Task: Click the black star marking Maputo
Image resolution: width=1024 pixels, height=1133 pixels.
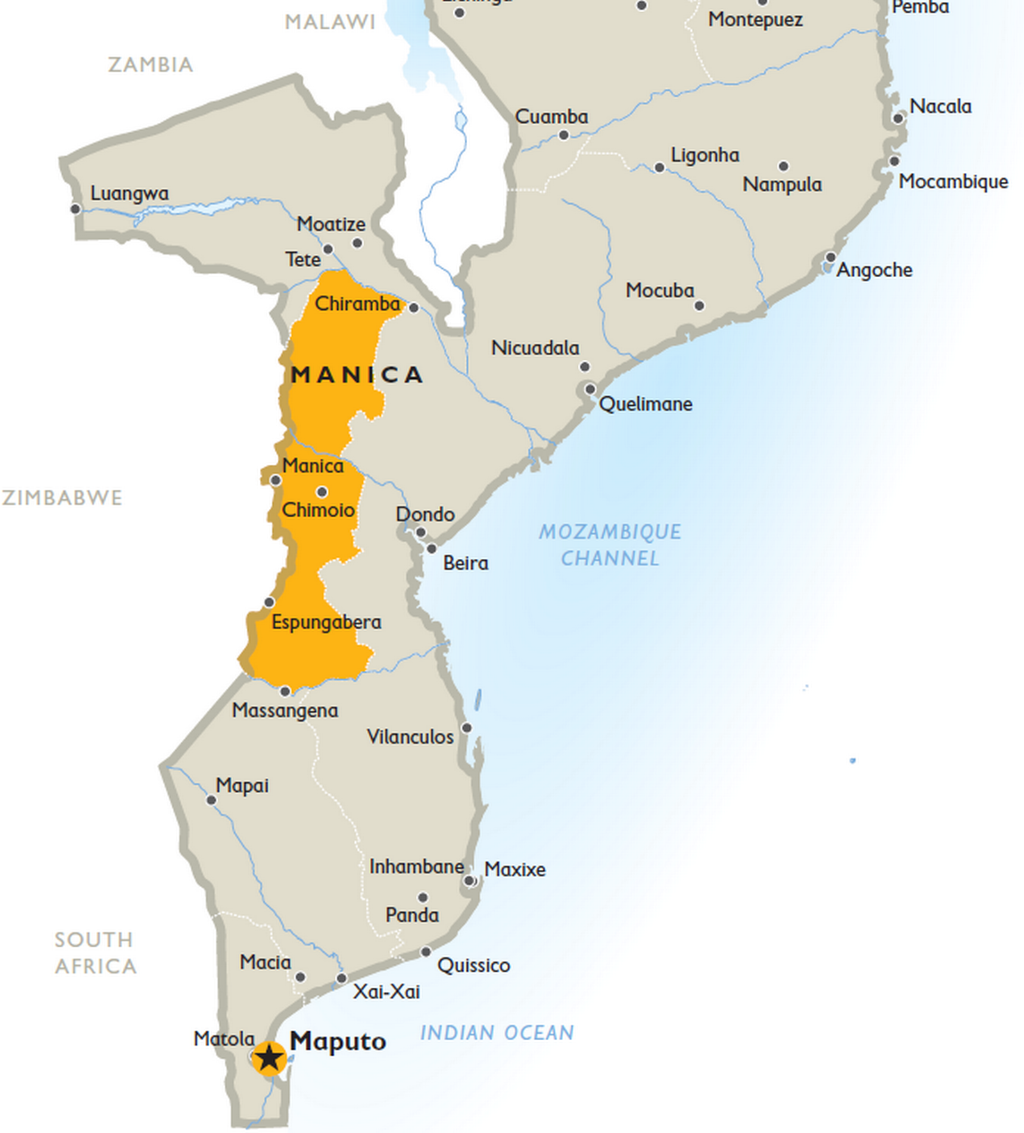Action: pos(269,1057)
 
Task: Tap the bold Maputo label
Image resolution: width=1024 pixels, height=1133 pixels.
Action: pos(338,1041)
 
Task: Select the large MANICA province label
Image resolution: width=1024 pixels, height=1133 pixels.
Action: pos(356,374)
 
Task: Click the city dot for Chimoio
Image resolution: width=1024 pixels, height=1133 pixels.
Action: pos(322,492)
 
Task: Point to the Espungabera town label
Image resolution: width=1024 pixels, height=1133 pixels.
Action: pos(326,622)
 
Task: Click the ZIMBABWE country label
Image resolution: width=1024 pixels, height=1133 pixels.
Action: pos(62,498)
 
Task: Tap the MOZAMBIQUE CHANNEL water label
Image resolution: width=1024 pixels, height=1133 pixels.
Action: pos(610,545)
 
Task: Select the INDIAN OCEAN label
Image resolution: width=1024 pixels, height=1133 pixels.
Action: pos(497,1033)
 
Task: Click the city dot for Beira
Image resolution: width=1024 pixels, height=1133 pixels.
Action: pos(432,549)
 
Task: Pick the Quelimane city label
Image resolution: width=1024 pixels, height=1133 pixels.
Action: pos(645,404)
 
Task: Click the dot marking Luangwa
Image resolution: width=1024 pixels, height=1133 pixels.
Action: pos(75,209)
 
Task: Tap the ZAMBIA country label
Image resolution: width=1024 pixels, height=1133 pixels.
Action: pos(150,65)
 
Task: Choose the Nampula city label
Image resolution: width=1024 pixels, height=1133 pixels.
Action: pos(782,184)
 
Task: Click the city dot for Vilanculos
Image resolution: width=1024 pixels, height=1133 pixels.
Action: pos(467,728)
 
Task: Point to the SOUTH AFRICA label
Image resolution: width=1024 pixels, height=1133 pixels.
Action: pos(95,952)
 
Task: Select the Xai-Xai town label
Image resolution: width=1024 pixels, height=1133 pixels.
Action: pos(387,992)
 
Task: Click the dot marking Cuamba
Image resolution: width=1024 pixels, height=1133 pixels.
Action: pos(564,135)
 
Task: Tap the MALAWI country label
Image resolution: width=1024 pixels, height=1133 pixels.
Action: pos(330,22)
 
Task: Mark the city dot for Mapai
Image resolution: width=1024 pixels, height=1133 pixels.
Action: pos(211,800)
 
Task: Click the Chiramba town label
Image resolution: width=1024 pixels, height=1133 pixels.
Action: pos(357,304)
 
